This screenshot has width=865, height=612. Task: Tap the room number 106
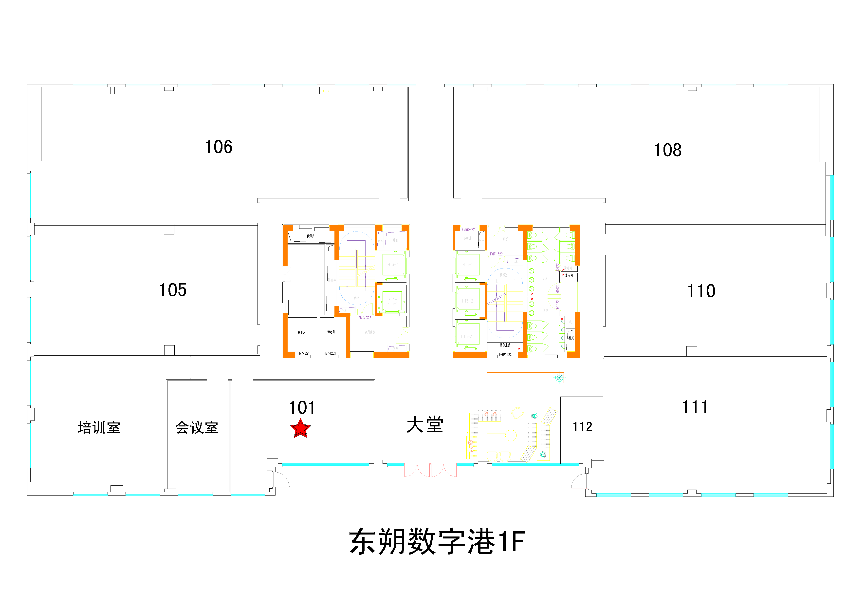pos(219,147)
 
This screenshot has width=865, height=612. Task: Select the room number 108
pos(668,150)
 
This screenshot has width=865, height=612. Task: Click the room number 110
pos(701,291)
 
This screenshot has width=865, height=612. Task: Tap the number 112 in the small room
pos(582,427)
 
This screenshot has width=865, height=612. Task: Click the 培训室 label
pos(99,428)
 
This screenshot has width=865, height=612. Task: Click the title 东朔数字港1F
pos(437,541)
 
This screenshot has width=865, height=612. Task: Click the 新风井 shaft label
pos(311,236)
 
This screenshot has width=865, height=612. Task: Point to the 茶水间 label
pos(569,275)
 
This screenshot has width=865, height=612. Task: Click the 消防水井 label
pos(505,345)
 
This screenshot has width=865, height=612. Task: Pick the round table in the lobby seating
pos(511,436)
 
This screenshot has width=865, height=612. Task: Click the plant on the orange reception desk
pos(559,377)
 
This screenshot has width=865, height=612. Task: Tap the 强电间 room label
pos(302,333)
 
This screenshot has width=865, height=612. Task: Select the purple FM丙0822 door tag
pos(468,229)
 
